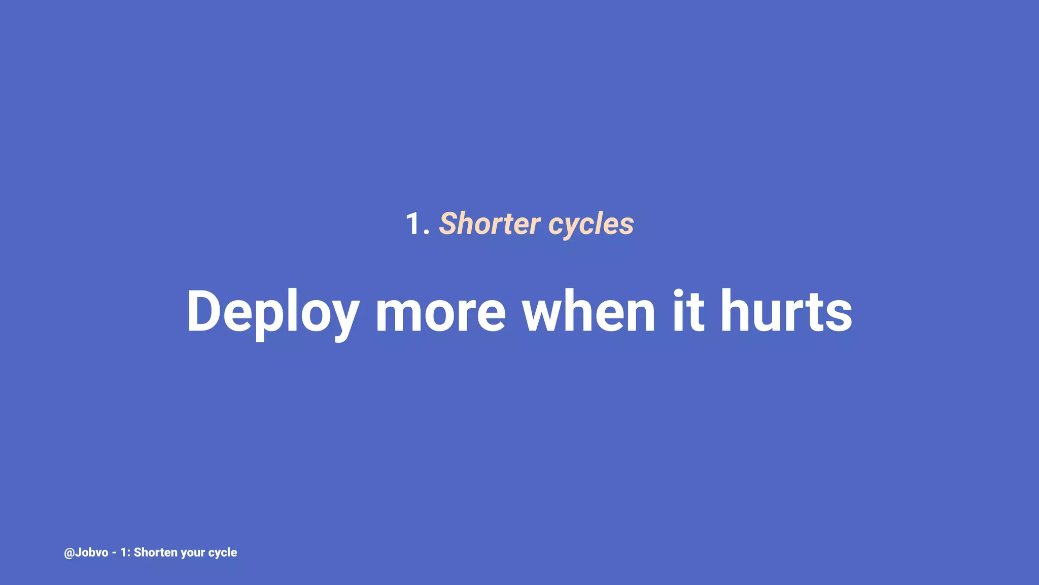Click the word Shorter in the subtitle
(490, 223)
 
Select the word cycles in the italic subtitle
(591, 224)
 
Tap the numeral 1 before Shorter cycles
(413, 224)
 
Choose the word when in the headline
(589, 311)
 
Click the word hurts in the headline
(786, 311)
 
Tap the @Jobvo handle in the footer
(86, 552)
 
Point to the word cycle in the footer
(223, 552)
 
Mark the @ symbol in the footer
(69, 553)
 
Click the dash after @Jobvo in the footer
(114, 553)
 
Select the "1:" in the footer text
(125, 552)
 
